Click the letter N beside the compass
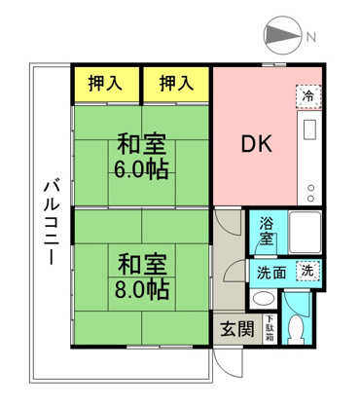tap(310, 38)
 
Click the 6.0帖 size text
tap(141, 168)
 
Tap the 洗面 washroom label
tap(271, 274)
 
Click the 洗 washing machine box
tap(307, 273)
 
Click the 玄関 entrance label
tap(235, 329)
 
